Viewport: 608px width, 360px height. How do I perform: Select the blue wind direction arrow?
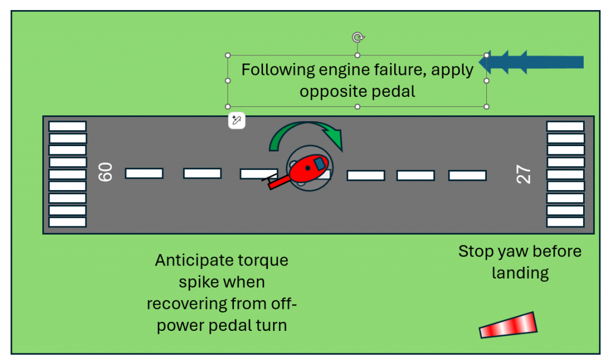point(534,62)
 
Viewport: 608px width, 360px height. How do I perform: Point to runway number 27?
point(523,174)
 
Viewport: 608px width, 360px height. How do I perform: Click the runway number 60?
point(106,172)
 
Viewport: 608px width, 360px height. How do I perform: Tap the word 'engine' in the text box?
point(344,70)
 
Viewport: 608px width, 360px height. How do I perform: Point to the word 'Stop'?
point(476,251)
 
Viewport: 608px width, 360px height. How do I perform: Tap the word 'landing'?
point(520,273)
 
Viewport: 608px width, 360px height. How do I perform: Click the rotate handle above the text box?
point(357,37)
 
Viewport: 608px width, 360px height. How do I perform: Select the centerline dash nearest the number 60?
point(144,173)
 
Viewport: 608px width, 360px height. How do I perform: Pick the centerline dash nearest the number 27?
point(467,175)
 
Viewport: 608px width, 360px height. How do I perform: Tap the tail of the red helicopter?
point(274,182)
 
